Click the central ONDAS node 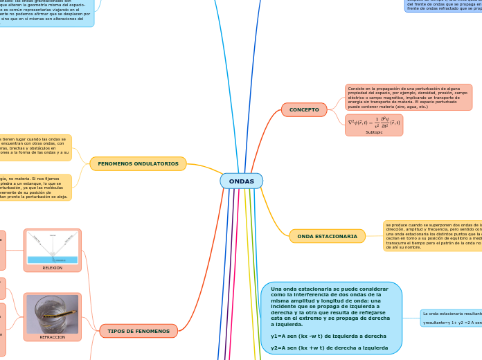tap(241, 181)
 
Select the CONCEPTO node tap(304, 109)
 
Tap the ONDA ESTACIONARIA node tap(327, 236)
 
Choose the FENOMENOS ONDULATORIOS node tap(138, 163)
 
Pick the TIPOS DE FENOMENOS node tap(139, 331)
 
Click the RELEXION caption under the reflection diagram tap(53, 267)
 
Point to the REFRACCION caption tap(52, 336)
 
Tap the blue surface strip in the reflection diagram tap(53, 260)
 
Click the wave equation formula tap(373, 123)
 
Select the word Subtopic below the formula tap(373, 132)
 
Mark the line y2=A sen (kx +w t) tap(329, 348)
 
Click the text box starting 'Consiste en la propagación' tap(408, 98)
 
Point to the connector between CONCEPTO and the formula tap(336, 118)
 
